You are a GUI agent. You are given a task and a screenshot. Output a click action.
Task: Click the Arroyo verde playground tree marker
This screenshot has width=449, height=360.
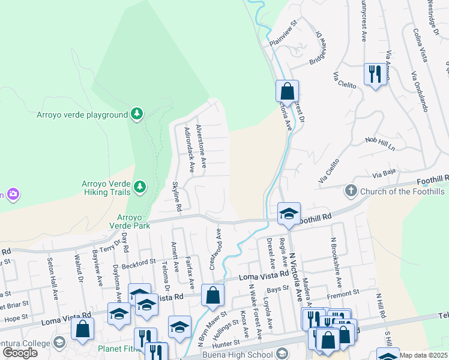(x=137, y=113)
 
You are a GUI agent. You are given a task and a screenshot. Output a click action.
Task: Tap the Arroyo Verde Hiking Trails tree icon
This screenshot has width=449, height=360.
(x=140, y=187)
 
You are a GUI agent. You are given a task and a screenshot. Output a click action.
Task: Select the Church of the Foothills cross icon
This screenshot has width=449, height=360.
(x=351, y=191)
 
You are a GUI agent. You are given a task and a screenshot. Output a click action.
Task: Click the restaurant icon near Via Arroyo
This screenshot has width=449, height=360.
(x=375, y=74)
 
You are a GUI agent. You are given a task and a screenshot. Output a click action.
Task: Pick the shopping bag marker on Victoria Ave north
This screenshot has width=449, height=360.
(x=288, y=92)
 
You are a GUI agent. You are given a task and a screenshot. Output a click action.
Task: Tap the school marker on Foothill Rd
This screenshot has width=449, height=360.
(x=289, y=214)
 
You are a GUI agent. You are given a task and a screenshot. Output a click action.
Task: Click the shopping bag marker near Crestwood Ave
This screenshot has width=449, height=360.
(x=212, y=295)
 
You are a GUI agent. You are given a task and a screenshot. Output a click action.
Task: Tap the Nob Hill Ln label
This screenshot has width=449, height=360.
(x=381, y=144)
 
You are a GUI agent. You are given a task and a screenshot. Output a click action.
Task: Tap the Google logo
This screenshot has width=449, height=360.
(x=20, y=353)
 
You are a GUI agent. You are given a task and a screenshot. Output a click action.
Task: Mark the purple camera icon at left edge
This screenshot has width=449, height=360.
(x=12, y=194)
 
